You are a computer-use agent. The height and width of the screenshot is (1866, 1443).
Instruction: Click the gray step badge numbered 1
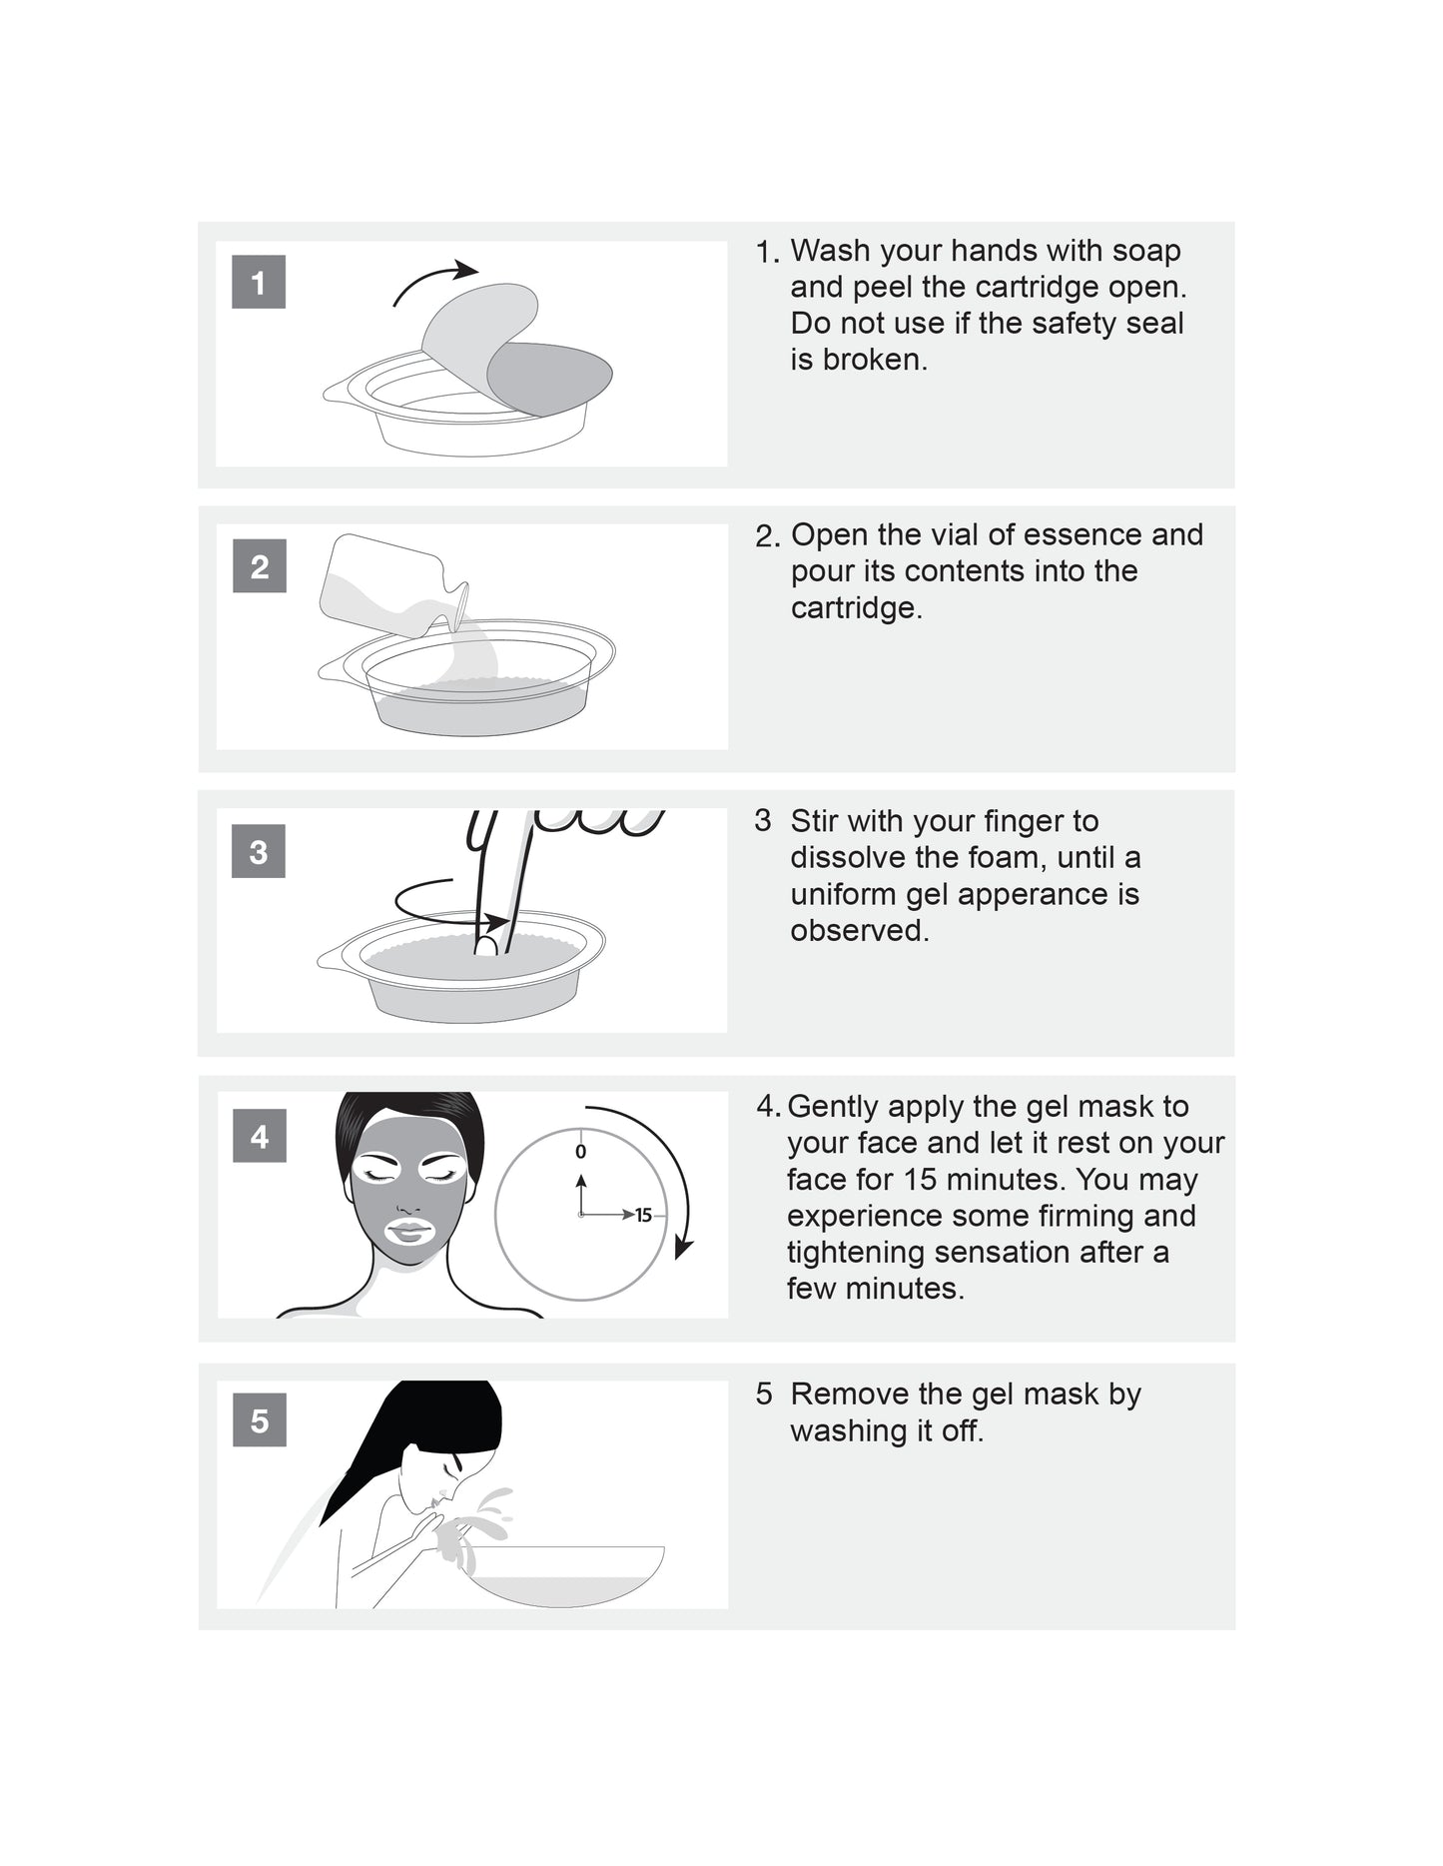259,282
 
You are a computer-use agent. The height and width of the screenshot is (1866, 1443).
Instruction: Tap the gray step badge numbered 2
260,566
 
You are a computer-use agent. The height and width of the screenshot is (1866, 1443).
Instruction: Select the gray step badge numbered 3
259,851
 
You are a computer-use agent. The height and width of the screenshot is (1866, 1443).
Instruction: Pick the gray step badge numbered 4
260,1136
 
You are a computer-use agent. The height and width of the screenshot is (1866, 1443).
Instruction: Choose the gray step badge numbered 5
260,1419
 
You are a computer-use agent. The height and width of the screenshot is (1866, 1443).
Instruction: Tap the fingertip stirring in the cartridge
486,944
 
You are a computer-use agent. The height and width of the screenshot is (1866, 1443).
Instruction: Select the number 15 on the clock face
643,1215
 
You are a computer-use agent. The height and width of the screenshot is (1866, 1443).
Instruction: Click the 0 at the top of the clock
581,1152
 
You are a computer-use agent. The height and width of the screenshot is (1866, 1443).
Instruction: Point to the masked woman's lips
409,1231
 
